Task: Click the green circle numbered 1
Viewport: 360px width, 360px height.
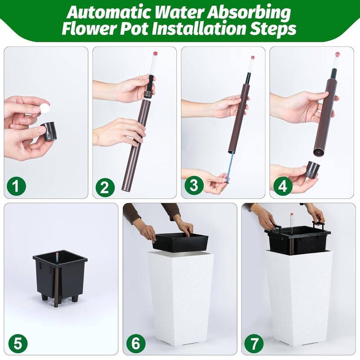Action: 16,186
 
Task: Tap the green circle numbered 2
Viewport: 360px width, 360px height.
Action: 105,187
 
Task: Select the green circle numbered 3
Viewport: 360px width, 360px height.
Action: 194,185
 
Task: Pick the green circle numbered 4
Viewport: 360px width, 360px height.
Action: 283,186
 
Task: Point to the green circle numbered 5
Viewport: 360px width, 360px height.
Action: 18,344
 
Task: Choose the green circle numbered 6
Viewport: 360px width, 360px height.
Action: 136,344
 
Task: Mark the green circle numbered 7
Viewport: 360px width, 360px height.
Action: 254,344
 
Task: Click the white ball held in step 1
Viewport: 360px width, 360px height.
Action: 45,108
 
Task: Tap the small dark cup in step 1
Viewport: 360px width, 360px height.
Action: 49,131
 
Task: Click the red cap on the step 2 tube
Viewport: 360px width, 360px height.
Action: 155,54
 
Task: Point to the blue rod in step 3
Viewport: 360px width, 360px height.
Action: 230,167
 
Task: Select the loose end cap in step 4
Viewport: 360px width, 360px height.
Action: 312,170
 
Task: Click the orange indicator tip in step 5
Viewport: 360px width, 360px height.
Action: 57,254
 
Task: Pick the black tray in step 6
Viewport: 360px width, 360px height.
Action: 181,242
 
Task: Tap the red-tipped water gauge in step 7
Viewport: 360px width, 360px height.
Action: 292,224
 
